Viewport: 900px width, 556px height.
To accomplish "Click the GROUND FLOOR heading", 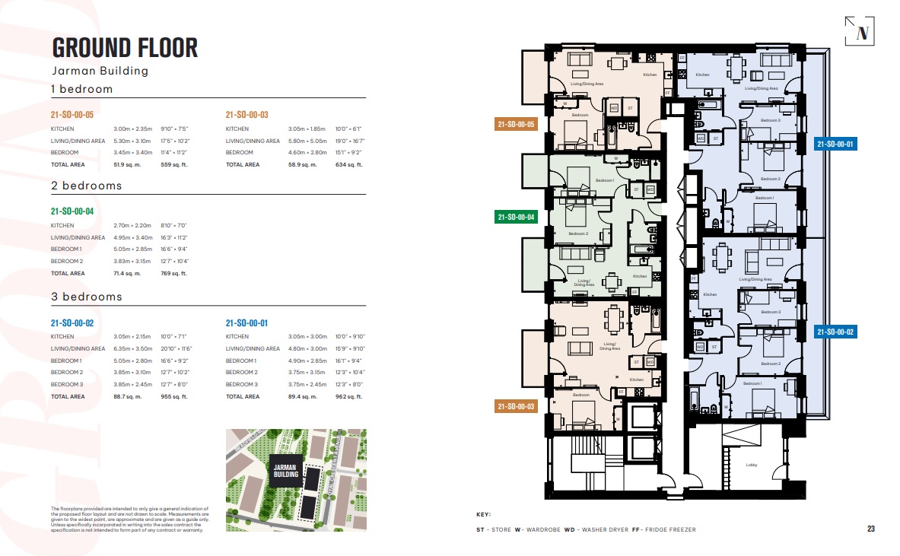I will coord(125,47).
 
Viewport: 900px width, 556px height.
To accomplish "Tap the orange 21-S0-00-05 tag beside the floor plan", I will coord(516,125).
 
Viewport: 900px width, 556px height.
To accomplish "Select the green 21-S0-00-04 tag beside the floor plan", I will coord(516,217).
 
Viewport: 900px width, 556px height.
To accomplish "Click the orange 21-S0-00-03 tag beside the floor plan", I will coord(516,406).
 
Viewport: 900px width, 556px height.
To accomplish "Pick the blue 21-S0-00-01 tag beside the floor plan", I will coord(835,144).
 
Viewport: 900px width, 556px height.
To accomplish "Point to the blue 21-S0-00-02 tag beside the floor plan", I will coord(835,332).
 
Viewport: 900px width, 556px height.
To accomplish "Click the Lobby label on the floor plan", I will coord(750,465).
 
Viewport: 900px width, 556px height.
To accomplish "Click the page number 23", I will coord(870,529).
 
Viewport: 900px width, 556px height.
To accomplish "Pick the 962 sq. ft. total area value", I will coord(349,396).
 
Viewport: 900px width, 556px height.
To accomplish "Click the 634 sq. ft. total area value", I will coord(349,164).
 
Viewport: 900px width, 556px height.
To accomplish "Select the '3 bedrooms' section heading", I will coord(86,297).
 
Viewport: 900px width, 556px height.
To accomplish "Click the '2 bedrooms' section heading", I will coord(86,186).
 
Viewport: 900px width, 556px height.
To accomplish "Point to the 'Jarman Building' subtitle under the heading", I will coord(100,71).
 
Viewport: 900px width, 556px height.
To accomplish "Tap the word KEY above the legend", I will coord(484,514).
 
